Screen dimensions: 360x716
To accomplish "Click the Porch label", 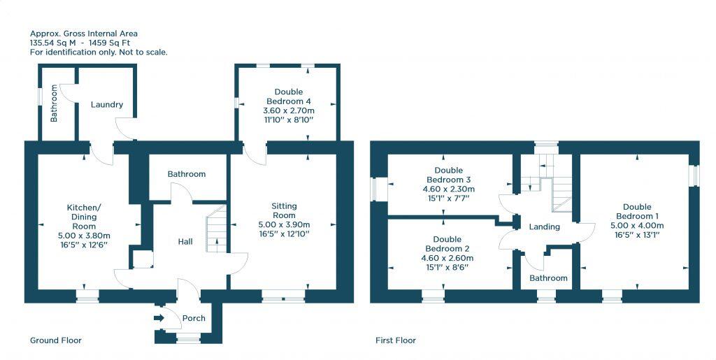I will click(x=194, y=319).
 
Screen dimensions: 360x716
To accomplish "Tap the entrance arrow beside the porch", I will click(x=159, y=319).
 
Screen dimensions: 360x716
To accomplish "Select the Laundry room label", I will click(x=106, y=105).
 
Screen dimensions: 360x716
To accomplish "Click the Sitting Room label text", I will click(x=284, y=210).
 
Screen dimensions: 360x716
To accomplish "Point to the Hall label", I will click(x=185, y=241).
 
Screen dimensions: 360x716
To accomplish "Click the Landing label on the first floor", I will click(x=544, y=227).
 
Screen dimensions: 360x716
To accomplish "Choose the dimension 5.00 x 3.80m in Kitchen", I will click(x=84, y=236).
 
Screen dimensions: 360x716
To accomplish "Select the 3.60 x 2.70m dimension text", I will click(x=289, y=110).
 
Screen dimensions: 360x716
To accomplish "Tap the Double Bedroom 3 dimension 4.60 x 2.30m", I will click(x=448, y=189).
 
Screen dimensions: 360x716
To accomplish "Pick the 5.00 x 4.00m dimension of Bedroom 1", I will click(x=637, y=226).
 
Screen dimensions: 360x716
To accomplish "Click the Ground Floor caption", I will click(x=56, y=340).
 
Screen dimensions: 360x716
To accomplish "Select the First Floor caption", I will click(x=396, y=340).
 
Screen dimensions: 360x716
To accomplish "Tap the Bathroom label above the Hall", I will click(x=187, y=174).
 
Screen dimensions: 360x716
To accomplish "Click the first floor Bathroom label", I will click(x=548, y=278).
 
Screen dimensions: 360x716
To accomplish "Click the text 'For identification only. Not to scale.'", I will click(x=99, y=52).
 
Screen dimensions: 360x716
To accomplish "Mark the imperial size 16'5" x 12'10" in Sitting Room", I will click(x=284, y=234).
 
